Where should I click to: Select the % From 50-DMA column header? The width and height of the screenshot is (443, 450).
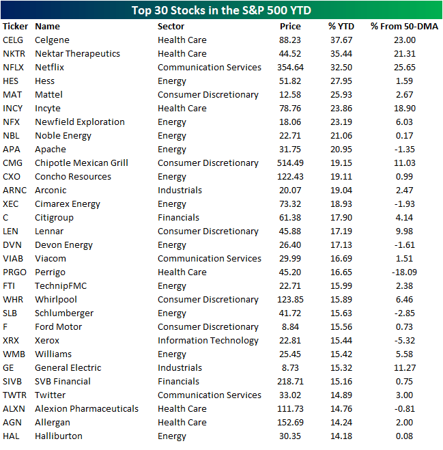coord(405,26)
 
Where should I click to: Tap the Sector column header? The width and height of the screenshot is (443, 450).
coord(171,26)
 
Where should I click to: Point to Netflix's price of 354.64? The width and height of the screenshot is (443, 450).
coord(290,67)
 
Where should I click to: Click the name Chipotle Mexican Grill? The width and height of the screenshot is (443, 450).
coord(81,163)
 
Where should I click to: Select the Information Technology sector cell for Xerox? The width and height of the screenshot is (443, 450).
coord(208,340)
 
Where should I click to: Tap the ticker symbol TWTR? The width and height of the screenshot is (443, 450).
coord(14,395)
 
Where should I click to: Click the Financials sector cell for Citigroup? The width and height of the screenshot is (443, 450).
coord(178,217)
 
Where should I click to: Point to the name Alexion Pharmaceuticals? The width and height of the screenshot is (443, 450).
coord(86,408)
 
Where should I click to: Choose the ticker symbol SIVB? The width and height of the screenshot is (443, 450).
coord(13,381)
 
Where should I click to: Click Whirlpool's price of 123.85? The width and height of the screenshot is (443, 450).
coord(290,299)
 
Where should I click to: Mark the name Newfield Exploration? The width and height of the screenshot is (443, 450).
coord(79,122)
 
